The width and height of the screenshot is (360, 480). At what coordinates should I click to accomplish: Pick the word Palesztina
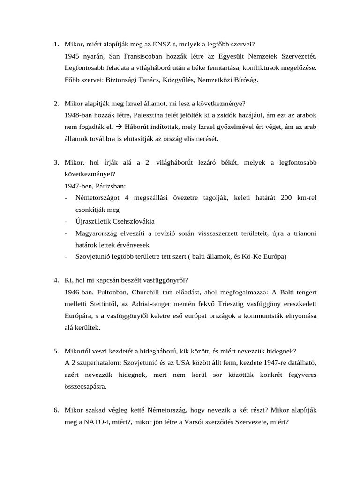pyautogui.click(x=152, y=115)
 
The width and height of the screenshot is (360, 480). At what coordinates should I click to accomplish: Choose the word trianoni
pyautogui.click(x=301, y=233)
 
